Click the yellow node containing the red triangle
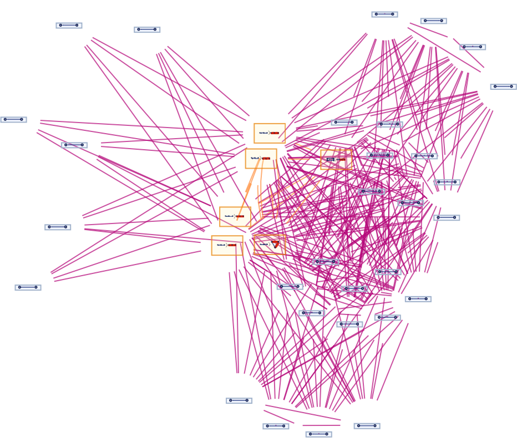click(270, 244)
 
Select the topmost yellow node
click(270, 133)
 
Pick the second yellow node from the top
click(261, 158)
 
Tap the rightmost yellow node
click(336, 159)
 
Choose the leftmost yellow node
click(227, 245)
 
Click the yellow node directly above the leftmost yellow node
click(235, 216)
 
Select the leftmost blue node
click(13, 119)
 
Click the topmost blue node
click(384, 14)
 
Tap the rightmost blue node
click(503, 87)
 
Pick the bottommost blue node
click(318, 434)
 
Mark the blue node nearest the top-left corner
click(69, 25)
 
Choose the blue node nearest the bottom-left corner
click(28, 287)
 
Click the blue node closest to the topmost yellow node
click(344, 122)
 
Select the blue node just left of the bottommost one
click(276, 426)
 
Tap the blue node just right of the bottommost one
click(367, 426)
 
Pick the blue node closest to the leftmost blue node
click(74, 145)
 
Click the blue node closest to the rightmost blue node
click(473, 47)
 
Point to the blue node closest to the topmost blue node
click(433, 21)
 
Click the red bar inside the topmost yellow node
click(275, 133)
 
